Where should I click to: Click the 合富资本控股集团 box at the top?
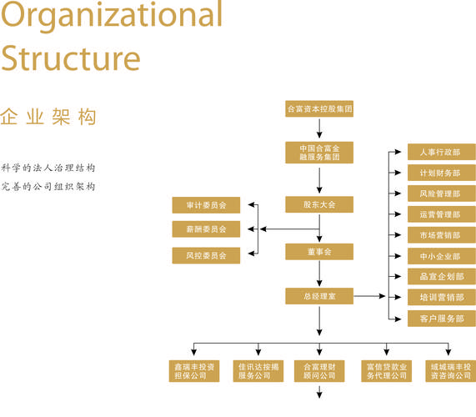319,108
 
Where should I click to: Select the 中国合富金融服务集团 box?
319,152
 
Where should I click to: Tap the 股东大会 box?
319,204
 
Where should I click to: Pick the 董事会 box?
319,251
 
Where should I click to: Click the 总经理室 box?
319,296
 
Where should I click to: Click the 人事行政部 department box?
441,153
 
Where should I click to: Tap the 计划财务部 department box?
441,173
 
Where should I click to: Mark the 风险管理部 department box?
441,193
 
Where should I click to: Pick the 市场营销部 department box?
441,235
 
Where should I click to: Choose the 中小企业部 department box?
441,256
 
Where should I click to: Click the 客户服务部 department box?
441,319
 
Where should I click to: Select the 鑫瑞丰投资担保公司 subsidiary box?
193,371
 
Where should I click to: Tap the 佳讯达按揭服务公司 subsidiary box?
258,371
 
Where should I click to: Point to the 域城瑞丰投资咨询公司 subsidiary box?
450,371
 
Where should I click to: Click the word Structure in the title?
70,58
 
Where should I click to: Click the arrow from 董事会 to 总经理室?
319,274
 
